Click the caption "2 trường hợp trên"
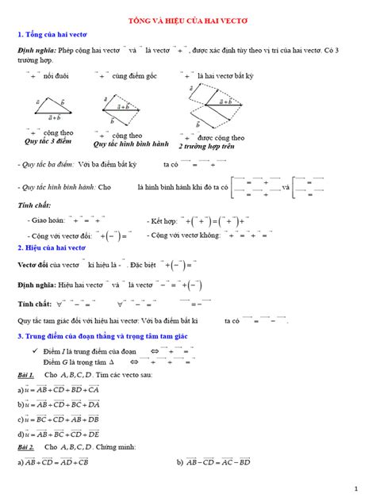pos(208,146)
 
